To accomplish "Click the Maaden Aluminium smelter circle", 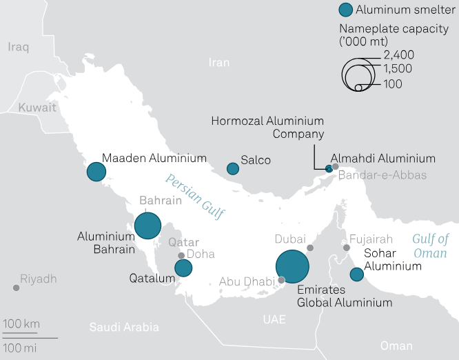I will pyautogui.click(x=95, y=172).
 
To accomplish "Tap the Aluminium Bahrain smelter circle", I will pyautogui.click(x=147, y=226).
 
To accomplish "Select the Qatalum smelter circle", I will pyautogui.click(x=183, y=268).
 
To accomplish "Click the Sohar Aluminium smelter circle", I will pyautogui.click(x=357, y=274).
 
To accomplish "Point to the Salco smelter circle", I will pyautogui.click(x=233, y=168).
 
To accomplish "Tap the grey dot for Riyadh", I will pyautogui.click(x=16, y=288).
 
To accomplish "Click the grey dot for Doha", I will pyautogui.click(x=181, y=255).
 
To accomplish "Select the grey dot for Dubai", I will pyautogui.click(x=310, y=248).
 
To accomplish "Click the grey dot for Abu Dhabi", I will pyautogui.click(x=281, y=280).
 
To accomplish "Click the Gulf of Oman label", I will pyautogui.click(x=430, y=246).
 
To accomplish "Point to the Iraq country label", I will pyautogui.click(x=18, y=47).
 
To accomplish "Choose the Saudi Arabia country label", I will pyautogui.click(x=124, y=328).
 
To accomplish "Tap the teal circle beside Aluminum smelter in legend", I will pyautogui.click(x=346, y=10).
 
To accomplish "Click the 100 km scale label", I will pyautogui.click(x=21, y=324).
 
